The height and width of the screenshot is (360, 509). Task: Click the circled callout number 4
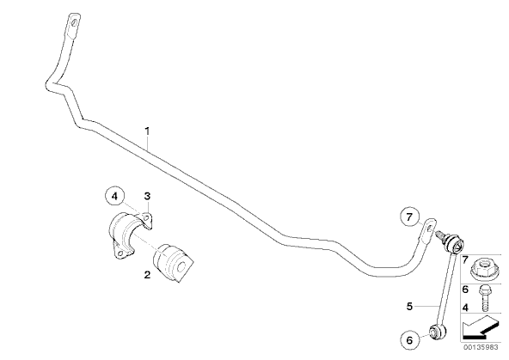coord(115,196)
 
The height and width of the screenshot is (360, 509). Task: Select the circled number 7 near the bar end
coord(409,217)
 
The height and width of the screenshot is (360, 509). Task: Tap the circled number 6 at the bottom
coord(409,340)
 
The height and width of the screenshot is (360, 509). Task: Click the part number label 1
coord(147,131)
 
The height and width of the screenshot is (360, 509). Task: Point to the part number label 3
coord(147,196)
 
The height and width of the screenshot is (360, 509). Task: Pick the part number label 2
coord(147,275)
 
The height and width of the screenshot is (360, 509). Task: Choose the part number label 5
coord(409,306)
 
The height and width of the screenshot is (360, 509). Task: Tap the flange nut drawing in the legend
coord(484,269)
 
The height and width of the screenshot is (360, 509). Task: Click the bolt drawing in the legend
coord(485,298)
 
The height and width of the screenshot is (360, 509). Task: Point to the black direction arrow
coord(480,327)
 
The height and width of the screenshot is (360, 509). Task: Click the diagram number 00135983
coord(481,347)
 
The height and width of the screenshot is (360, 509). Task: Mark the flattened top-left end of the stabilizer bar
coord(74,25)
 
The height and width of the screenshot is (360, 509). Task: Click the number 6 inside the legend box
coord(465,290)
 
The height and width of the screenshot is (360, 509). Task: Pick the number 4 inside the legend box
coord(465,308)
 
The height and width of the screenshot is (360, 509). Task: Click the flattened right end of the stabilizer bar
coord(428,229)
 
